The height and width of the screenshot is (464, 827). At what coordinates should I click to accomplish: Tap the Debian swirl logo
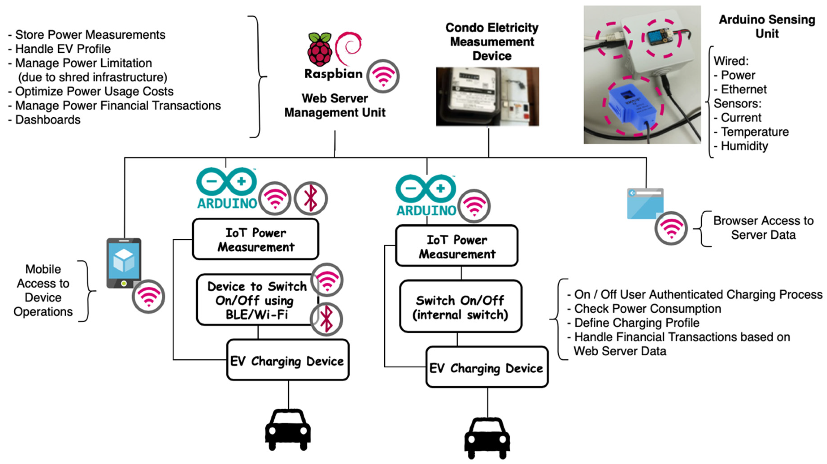pyautogui.click(x=349, y=47)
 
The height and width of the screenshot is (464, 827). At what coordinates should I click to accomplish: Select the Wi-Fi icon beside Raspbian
pyautogui.click(x=383, y=76)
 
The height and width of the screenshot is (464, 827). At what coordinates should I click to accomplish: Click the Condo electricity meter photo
pyautogui.click(x=487, y=97)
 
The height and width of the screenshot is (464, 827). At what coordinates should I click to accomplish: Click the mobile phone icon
pyautogui.click(x=124, y=263)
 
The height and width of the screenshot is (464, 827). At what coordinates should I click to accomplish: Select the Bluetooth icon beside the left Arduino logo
pyautogui.click(x=310, y=198)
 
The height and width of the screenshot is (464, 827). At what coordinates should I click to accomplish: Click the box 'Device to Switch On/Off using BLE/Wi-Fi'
pyautogui.click(x=257, y=300)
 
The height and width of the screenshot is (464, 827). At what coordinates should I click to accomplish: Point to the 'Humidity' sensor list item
pyautogui.click(x=744, y=146)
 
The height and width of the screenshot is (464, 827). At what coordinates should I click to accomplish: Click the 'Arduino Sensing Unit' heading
pyautogui.click(x=767, y=26)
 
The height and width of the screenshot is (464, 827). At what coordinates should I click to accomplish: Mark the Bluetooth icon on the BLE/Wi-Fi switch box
pyautogui.click(x=326, y=319)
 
